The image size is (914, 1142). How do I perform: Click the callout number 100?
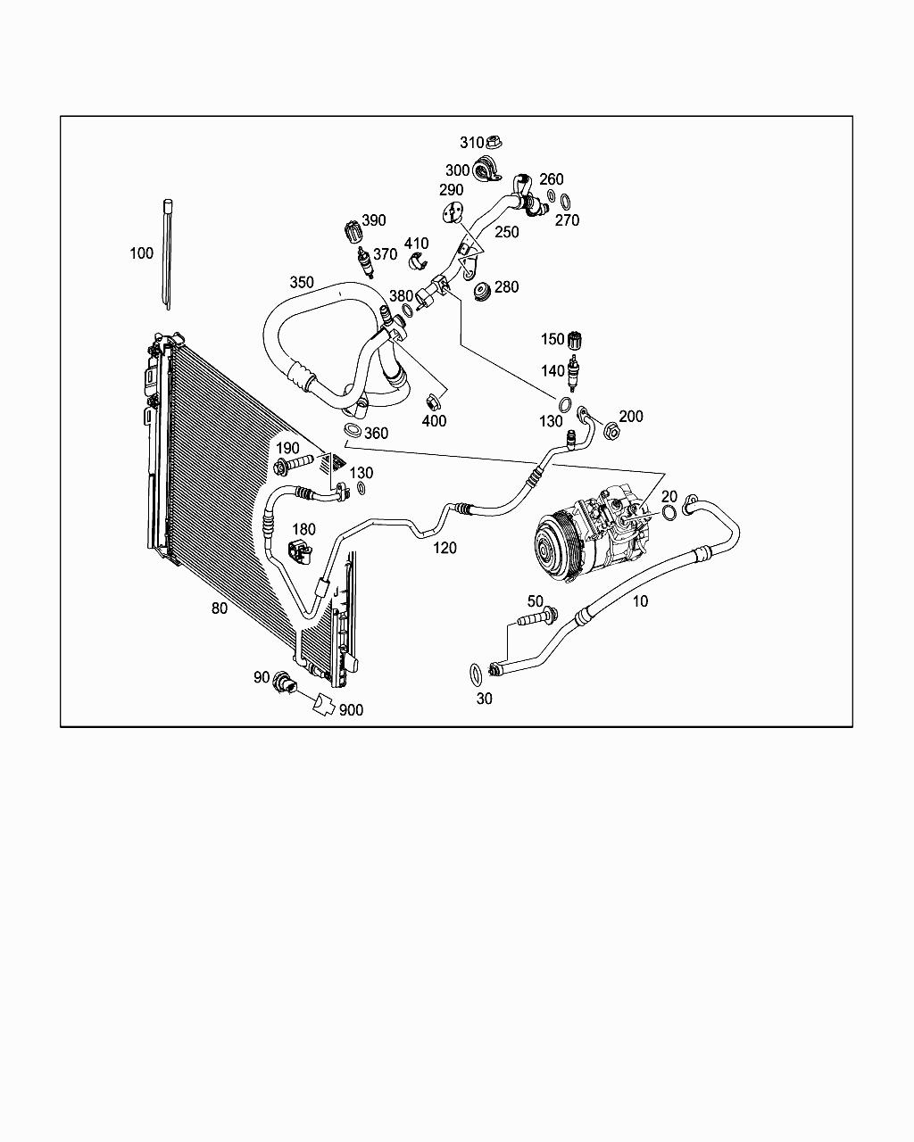click(141, 253)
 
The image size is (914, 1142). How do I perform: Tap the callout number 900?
click(351, 710)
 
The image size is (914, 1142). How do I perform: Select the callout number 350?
click(302, 282)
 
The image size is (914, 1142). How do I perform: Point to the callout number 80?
click(219, 608)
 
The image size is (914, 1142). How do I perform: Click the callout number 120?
click(445, 547)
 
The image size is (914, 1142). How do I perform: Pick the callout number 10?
click(640, 601)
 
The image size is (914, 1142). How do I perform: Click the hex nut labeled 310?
click(497, 142)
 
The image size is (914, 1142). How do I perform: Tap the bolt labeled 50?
click(535, 617)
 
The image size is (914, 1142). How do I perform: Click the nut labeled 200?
click(611, 432)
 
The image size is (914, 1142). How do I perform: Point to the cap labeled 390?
click(353, 230)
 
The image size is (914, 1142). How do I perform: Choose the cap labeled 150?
click(576, 340)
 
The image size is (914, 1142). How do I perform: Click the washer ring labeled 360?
click(352, 433)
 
